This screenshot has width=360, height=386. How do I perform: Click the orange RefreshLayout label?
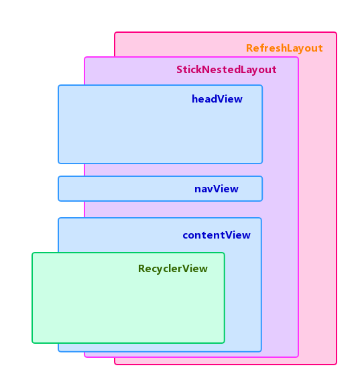284,48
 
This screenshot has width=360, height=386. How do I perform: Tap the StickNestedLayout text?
226,70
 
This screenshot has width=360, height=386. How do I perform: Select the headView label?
217,99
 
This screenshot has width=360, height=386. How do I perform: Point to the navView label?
216,189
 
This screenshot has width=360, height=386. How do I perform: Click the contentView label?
216,235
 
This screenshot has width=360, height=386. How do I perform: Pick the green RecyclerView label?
172,269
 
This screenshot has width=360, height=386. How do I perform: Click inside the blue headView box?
134,131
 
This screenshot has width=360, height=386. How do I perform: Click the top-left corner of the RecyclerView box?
32,253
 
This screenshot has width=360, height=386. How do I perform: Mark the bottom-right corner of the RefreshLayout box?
337,364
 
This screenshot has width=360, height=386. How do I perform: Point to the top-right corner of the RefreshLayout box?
337,32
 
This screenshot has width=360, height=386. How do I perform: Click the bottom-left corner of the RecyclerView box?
32,343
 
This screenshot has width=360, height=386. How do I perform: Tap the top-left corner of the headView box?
58,85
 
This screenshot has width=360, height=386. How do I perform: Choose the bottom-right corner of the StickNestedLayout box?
298,357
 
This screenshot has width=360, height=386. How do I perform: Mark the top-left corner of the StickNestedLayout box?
84,57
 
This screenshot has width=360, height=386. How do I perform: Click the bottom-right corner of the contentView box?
261,351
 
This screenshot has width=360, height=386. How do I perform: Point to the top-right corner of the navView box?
262,177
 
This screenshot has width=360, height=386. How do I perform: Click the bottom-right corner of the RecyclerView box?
224,343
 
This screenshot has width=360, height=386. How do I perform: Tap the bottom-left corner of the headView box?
58,163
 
